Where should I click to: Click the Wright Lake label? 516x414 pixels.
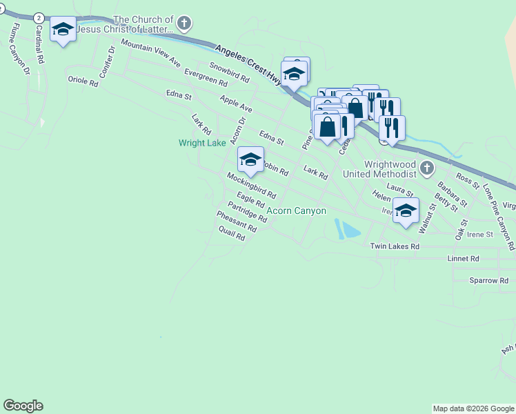click(202, 144)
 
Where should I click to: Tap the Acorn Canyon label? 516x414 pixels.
click(296, 210)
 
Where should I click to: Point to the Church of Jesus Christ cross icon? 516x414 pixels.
click(183, 24)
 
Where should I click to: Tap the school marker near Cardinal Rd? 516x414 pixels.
click(63, 30)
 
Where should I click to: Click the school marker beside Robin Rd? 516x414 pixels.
click(250, 160)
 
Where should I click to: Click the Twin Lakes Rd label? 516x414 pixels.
click(395, 246)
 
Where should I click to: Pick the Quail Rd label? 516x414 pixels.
click(231, 235)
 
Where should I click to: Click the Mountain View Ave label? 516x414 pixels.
click(150, 54)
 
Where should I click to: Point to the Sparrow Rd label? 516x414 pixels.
click(488, 281)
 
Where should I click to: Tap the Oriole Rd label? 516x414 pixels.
click(83, 80)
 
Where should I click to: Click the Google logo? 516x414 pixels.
click(23, 406)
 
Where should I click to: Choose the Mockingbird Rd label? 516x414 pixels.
click(251, 186)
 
